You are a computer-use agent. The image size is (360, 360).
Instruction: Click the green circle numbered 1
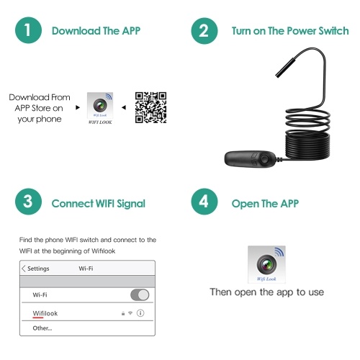[28, 30]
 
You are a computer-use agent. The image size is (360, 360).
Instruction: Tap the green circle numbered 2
[204, 31]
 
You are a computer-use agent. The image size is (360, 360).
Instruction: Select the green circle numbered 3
[28, 202]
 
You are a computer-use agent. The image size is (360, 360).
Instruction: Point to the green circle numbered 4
[204, 202]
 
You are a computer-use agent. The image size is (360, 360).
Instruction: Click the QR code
[150, 107]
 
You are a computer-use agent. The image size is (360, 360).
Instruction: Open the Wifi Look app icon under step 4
[266, 264]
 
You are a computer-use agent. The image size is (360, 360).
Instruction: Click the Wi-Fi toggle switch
[140, 294]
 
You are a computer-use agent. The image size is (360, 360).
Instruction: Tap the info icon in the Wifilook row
[140, 313]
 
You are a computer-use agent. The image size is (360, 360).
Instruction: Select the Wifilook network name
[45, 313]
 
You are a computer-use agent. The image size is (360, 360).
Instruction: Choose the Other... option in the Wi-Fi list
[42, 328]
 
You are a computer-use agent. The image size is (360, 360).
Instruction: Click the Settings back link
[35, 269]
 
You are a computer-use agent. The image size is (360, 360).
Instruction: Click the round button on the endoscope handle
[264, 159]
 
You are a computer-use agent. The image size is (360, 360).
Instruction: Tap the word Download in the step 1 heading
[76, 31]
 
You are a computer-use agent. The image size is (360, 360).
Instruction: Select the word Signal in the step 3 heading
[131, 204]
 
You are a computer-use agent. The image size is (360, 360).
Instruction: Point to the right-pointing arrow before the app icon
[78, 107]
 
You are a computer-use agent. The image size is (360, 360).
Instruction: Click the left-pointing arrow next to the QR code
[124, 107]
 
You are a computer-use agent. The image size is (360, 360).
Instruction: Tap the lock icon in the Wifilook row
[123, 313]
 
